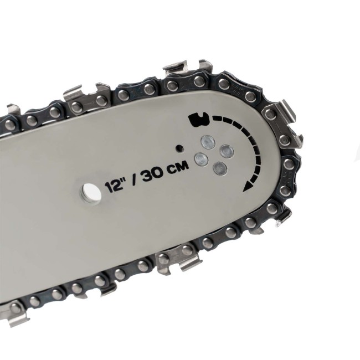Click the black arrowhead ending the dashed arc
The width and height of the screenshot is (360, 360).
pos(248,186)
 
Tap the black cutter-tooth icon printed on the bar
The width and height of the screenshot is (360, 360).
pos(199,119)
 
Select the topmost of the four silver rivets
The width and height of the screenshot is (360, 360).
pos(208,142)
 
